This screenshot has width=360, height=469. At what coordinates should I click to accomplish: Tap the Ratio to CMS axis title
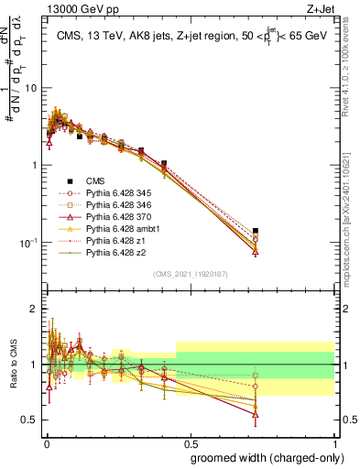(13, 365)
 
